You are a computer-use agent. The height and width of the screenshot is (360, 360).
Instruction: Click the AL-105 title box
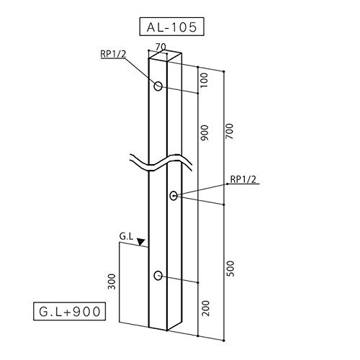(x=171, y=27)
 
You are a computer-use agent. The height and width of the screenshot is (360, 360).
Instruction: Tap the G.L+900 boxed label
(x=69, y=311)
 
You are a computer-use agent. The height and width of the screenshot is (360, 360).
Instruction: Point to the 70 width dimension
(x=161, y=47)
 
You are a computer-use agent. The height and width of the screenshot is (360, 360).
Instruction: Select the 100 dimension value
(x=204, y=80)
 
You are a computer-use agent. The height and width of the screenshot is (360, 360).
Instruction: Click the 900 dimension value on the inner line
(x=204, y=132)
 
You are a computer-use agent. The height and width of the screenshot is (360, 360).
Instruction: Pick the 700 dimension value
(x=229, y=131)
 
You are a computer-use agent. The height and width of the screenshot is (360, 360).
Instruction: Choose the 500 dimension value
(x=230, y=269)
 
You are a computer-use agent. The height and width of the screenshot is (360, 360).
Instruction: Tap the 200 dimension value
(x=205, y=308)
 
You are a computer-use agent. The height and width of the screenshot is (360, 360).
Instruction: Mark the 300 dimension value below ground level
(x=112, y=282)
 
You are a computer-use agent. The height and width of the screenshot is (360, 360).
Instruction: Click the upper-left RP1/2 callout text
(x=113, y=54)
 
